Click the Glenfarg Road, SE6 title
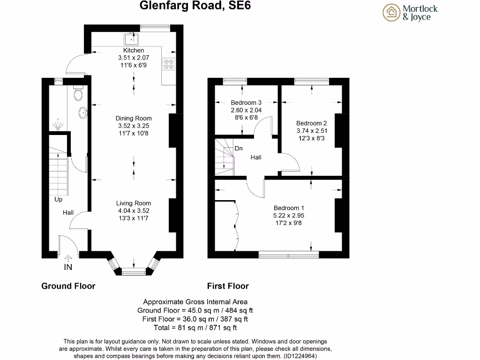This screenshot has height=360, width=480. (x=192, y=6)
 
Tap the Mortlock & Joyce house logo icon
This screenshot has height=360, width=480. (x=392, y=13)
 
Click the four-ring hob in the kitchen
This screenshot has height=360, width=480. (x=169, y=63)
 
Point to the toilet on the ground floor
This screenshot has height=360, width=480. (x=78, y=95)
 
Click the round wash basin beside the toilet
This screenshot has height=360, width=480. (x=83, y=112)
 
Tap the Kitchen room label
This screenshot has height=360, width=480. (x=134, y=50)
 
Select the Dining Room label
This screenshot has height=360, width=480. (x=134, y=119)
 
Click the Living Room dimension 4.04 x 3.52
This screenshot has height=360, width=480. (x=134, y=211)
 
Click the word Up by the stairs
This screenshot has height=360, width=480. (x=59, y=200)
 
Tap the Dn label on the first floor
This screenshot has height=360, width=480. (x=239, y=149)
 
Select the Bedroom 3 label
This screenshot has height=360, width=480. (x=246, y=103)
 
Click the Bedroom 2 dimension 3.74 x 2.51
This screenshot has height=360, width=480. (x=312, y=131)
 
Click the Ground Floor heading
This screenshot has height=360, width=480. (x=68, y=286)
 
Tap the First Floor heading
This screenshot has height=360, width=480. (x=228, y=286)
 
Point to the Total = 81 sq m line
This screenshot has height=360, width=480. (x=195, y=328)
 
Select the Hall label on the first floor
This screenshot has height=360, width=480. (x=256, y=157)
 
